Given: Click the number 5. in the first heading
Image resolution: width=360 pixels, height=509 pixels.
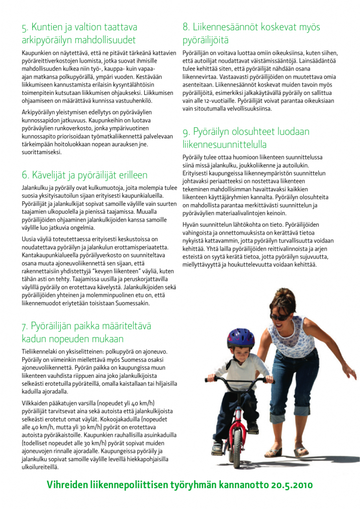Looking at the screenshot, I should pyautogui.click(x=25, y=27).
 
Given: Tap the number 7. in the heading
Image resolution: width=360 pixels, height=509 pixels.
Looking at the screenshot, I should pyautogui.click(x=25, y=327).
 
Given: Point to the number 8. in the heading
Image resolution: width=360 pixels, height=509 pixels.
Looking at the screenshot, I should pyautogui.click(x=186, y=27).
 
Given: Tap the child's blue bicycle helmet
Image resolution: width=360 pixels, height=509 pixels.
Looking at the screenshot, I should pyautogui.click(x=241, y=338).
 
